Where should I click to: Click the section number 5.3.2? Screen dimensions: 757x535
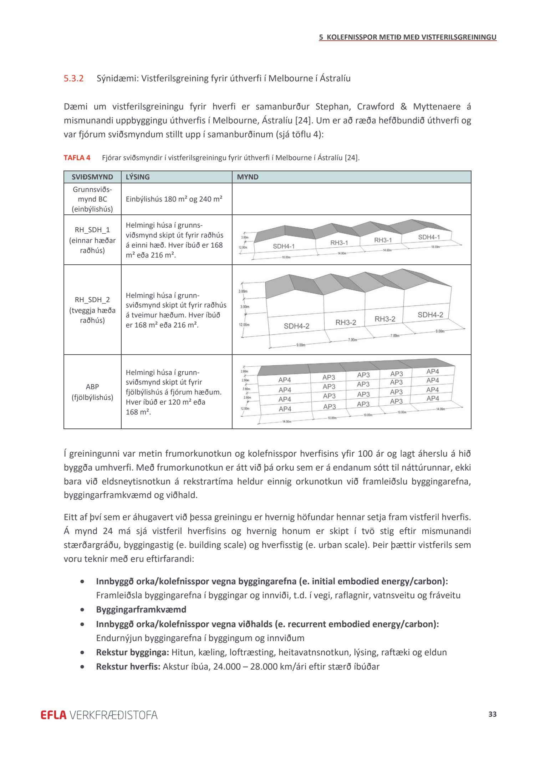[x=73, y=78]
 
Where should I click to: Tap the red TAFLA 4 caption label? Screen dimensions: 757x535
[x=77, y=158]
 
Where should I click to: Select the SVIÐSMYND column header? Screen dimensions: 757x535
[x=92, y=177]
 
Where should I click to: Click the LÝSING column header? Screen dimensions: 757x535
[x=138, y=177]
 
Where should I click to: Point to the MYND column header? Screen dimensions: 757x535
[x=248, y=177]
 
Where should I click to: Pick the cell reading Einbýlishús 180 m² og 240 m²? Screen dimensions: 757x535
[x=174, y=199]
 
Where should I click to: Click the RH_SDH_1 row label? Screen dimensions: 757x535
[x=92, y=230]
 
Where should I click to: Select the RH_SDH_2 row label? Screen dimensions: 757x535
[x=92, y=300]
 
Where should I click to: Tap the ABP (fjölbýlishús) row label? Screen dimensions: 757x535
[x=92, y=392]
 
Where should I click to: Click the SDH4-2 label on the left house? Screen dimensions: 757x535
[x=296, y=326]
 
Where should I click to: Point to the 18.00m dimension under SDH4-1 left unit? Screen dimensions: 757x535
[x=286, y=257]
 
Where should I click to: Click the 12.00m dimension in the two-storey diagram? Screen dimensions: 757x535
[x=244, y=325]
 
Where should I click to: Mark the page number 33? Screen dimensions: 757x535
[x=493, y=714]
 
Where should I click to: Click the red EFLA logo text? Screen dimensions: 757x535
[x=53, y=715]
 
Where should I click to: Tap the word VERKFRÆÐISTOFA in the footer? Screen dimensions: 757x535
[x=113, y=715]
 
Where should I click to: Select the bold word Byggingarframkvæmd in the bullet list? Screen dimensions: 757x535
[x=141, y=609]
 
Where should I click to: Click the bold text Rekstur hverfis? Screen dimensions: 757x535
[x=128, y=666]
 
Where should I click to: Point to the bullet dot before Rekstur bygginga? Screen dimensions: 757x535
[x=83, y=652]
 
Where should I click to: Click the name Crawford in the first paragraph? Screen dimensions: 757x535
[x=376, y=107]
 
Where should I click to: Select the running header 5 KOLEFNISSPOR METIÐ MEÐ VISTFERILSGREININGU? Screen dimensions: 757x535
[x=408, y=37]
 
